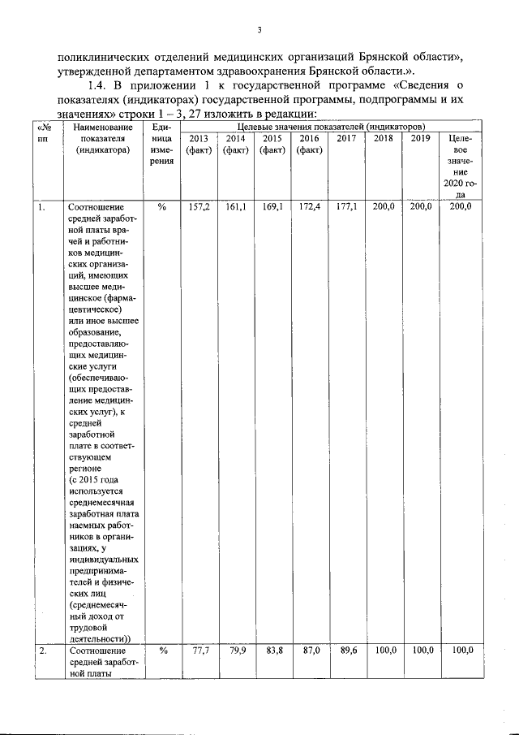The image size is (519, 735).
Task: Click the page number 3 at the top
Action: pos(259,31)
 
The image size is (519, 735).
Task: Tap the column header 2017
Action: pos(347,139)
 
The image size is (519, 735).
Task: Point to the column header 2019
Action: pos(420,139)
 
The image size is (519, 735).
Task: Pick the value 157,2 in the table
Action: pos(199,208)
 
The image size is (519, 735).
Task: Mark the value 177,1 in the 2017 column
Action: pos(346,208)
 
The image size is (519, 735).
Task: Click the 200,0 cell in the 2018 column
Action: pos(384,208)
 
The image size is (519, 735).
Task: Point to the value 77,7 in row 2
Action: pos(199,651)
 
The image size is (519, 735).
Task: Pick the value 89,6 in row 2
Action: pos(346,651)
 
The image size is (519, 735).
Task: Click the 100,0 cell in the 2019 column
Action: pos(421,651)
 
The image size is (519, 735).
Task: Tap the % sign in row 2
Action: pos(161,651)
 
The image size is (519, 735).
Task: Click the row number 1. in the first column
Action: pos(41,208)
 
